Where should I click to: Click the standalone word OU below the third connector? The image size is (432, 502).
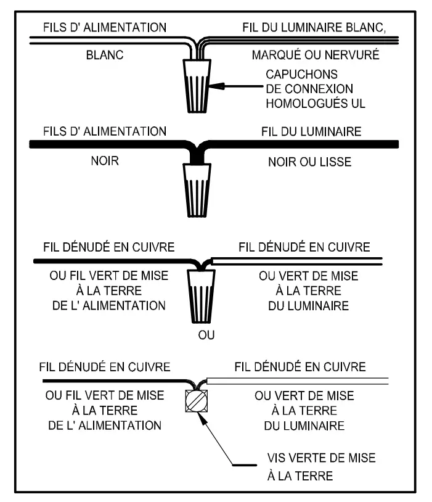click(198, 337)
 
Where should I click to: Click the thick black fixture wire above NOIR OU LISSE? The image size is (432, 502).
click(308, 144)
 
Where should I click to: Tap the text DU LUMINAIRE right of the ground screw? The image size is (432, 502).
click(299, 426)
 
